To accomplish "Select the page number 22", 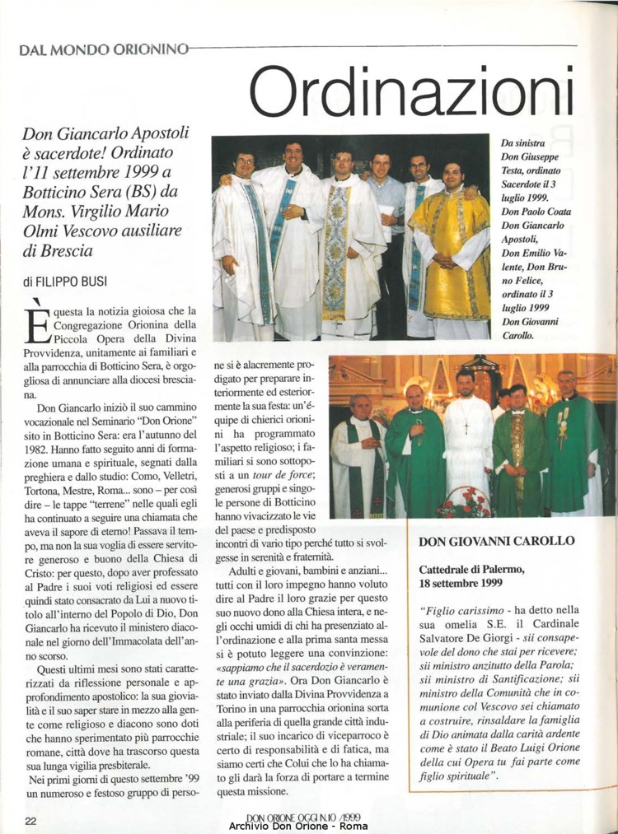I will (30, 820).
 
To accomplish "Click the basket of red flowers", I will (466, 502).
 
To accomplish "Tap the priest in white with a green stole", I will (358, 461).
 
